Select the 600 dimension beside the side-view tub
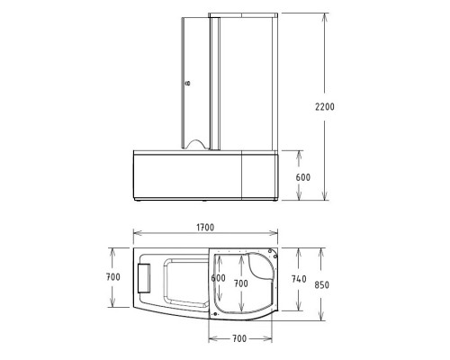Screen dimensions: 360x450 (x=302, y=177)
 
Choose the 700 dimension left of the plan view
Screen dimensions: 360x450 (x=112, y=277)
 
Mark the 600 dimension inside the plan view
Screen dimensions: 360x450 (x=218, y=278)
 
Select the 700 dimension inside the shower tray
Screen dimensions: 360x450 (x=240, y=283)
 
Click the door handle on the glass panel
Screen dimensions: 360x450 (x=187, y=83)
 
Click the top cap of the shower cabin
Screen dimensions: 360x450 (x=242, y=16)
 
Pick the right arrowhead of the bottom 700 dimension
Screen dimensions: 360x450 (x=271, y=340)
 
